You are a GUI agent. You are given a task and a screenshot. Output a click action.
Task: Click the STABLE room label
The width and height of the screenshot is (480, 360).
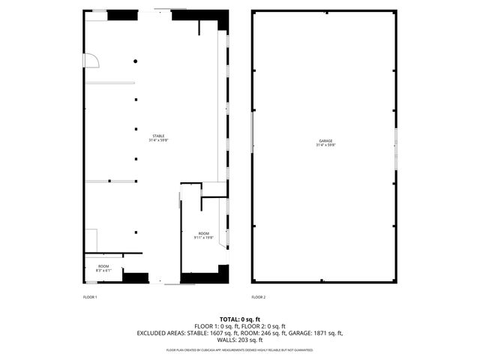[157, 135]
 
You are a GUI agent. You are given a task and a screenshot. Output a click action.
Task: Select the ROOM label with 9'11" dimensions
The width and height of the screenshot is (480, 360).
[204, 233]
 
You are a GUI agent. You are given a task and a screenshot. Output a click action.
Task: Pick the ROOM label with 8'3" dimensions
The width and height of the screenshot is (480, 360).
[103, 266]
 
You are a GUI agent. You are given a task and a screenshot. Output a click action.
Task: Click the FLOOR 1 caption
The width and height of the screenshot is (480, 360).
[90, 297]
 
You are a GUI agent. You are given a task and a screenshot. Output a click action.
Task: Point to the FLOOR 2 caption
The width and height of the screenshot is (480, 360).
[259, 297]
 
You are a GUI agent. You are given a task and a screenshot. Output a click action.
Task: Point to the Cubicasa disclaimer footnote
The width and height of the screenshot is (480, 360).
[240, 349]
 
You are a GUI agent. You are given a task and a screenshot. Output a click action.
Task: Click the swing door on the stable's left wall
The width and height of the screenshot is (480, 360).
[91, 60]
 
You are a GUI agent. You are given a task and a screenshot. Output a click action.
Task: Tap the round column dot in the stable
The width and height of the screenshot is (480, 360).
[136, 61]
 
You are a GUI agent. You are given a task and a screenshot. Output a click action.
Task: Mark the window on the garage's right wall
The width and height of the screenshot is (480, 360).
[396, 142]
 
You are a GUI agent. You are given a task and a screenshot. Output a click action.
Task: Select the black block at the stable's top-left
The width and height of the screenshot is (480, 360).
[122, 14]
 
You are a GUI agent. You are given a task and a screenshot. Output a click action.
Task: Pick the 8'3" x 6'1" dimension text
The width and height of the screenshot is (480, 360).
[103, 271]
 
